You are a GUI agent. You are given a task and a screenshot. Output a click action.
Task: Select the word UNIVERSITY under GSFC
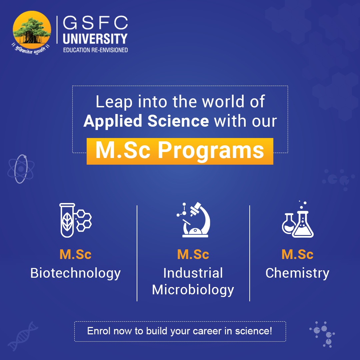tap(95, 39)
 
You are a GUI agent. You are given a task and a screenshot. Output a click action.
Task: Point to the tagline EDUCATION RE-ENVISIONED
tap(95, 50)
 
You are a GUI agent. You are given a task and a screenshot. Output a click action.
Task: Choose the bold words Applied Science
tap(146, 121)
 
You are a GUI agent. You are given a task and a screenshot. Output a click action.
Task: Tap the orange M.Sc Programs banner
tap(180, 151)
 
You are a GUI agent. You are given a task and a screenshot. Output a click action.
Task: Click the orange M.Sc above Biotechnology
tap(75, 255)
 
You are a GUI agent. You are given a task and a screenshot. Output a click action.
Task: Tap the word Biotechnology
tap(75, 273)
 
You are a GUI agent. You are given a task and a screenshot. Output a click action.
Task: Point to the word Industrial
tap(193, 273)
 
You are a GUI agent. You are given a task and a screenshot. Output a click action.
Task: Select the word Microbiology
tap(193, 290)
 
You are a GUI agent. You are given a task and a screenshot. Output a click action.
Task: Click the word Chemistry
tap(297, 273)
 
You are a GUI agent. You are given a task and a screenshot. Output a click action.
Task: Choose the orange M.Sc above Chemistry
tap(297, 255)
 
